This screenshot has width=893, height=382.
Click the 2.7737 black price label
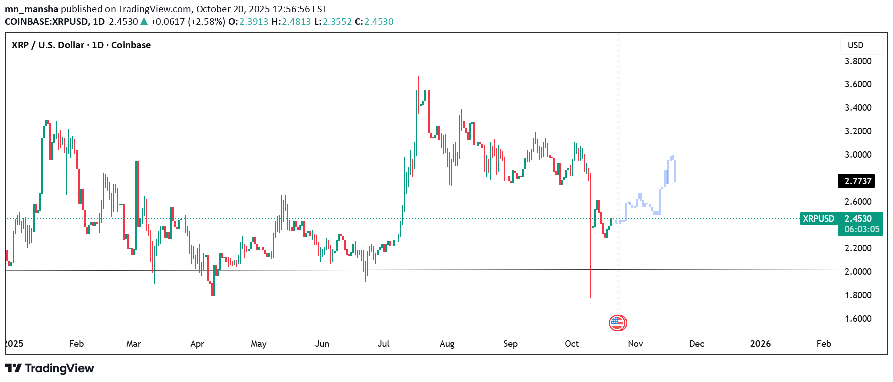coord(857,181)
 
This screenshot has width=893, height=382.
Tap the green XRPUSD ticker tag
coord(818,219)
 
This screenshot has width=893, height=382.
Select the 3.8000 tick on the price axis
coord(858,61)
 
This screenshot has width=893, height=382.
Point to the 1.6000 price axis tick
coord(858,319)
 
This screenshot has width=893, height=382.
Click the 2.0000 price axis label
coord(858,272)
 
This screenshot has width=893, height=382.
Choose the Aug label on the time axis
coord(447,344)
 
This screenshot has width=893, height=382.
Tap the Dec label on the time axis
coord(696,344)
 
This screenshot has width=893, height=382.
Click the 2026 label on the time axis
coord(760,344)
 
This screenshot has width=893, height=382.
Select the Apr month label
coord(197,344)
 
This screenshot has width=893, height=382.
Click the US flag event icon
coord(618,323)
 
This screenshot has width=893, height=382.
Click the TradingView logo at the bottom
coord(49,368)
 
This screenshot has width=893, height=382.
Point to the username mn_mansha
coord(31,9)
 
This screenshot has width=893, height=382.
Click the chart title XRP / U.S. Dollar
coord(81,45)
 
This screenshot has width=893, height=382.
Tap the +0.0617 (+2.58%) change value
coord(187,22)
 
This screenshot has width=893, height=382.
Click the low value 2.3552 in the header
coord(337,22)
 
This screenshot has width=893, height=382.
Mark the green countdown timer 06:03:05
coord(861,229)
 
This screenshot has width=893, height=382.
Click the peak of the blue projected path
coord(672,157)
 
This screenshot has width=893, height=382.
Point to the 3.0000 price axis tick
coord(858,155)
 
